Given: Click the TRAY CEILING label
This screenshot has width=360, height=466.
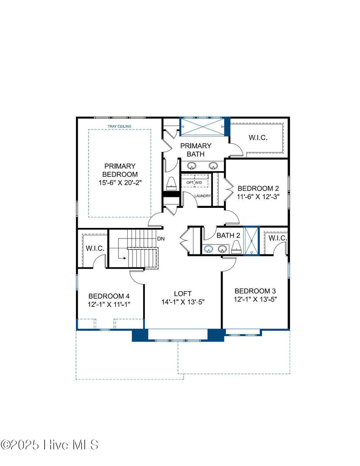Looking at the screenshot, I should pyautogui.click(x=120, y=126).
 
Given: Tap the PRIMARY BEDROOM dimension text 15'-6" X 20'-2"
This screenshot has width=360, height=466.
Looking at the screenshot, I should pyautogui.click(x=120, y=183).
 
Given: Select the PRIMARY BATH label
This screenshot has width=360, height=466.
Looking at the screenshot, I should pyautogui.click(x=196, y=150).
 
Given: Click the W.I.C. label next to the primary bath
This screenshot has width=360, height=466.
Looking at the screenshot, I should pyautogui.click(x=258, y=138).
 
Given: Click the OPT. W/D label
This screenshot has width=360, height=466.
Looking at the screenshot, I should pyautogui.click(x=194, y=183).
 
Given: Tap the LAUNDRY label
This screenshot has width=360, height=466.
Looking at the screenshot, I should pyautogui.click(x=202, y=196).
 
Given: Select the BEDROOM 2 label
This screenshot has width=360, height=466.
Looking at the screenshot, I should pyautogui.click(x=258, y=189).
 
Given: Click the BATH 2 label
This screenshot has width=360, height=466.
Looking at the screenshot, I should pyautogui.click(x=228, y=235).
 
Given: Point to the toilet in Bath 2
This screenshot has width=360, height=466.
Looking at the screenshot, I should pyautogui.click(x=236, y=247).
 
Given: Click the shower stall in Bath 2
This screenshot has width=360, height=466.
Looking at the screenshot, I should pyautogui.click(x=251, y=241).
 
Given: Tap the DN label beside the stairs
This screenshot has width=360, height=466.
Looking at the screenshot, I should pyautogui.click(x=161, y=239).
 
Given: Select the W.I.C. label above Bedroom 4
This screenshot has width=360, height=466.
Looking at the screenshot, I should pyautogui.click(x=95, y=248).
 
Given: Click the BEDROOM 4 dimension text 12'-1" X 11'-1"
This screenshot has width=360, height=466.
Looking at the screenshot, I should pyautogui.click(x=109, y=305).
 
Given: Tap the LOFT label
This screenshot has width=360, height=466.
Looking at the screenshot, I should pyautogui.click(x=183, y=294).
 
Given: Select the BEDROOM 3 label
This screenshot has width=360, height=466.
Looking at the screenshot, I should pyautogui.click(x=255, y=291).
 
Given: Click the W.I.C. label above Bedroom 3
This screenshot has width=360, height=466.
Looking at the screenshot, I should pyautogui.click(x=278, y=238).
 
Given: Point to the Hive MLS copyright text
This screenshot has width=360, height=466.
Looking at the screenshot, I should pyautogui.click(x=49, y=445).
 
